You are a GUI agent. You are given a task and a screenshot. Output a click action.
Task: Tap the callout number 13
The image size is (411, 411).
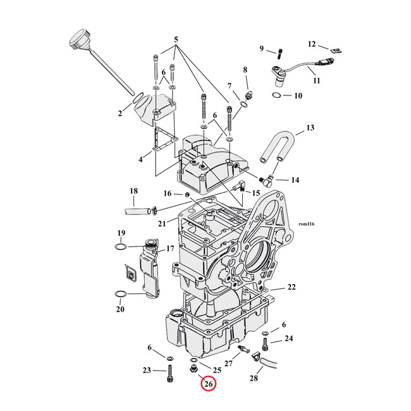point(310,128)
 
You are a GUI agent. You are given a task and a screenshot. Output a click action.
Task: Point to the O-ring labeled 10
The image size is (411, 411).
point(277,95)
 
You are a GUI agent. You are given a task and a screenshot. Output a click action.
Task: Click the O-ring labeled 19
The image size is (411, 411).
point(122,246)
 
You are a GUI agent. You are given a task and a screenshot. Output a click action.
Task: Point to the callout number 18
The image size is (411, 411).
point(133,191)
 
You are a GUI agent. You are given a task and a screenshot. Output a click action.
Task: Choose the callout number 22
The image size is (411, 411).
point(291,288)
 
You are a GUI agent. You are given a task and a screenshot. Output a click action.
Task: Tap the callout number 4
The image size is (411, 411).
point(141,159)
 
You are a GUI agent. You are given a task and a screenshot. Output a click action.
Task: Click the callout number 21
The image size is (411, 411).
point(162,223)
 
